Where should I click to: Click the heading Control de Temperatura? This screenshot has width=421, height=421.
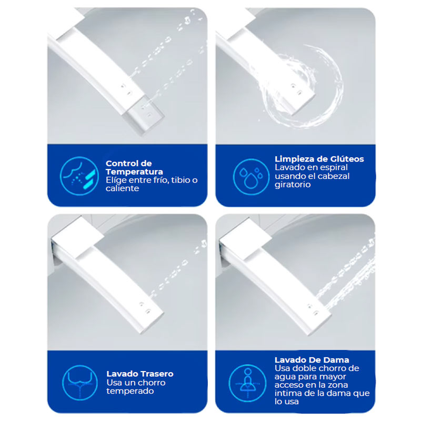coord(134,167)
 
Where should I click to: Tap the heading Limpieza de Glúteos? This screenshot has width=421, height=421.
coord(319,159)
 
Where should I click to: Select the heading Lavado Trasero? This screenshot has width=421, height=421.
coord(140,374)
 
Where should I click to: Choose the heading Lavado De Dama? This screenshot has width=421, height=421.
coord(312,360)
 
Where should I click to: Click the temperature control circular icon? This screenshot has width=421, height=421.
coord(79,176)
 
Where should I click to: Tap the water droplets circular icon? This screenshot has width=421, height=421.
coord(252,177)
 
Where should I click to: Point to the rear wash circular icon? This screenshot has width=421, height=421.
coord(80,383)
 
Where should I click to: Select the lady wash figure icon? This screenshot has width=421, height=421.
coord(247,383)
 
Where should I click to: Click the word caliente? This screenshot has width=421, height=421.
coord(122,188)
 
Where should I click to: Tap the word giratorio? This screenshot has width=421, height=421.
coord(293,185)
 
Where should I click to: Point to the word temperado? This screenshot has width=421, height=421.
coord(130,391)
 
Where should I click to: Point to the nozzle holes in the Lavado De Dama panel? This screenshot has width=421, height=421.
coord(313,309)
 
